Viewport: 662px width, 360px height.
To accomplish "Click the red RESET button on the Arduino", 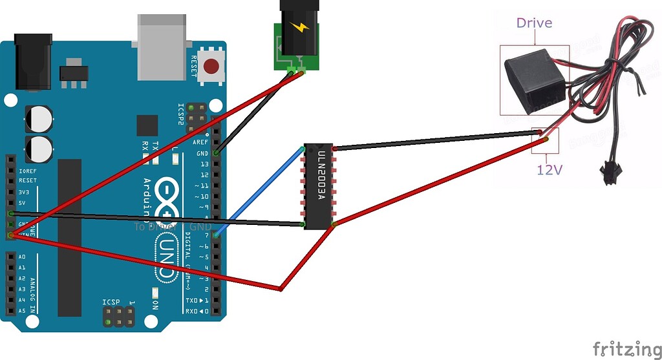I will click(211, 66).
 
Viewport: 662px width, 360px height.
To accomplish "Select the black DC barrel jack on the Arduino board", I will click(34, 61).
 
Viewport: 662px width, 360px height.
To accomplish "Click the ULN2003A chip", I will click(319, 186).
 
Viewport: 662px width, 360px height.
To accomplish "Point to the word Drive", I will click(534, 23).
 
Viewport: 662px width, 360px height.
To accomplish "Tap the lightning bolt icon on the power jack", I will click(299, 28).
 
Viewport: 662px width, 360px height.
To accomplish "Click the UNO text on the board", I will click(166, 257).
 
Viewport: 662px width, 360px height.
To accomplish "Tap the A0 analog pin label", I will click(22, 257).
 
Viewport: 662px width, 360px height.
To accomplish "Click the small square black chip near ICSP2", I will click(147, 125).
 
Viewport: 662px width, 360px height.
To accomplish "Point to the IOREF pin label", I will click(27, 171).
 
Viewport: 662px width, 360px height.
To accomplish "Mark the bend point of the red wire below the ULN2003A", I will click(280, 288).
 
